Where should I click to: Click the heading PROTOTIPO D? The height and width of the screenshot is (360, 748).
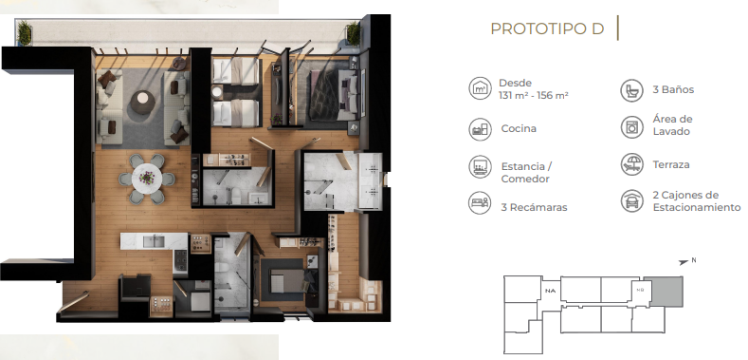click(x=547, y=28)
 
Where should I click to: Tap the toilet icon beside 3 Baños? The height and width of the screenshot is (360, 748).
click(x=631, y=90)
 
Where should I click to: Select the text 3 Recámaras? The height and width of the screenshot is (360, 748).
click(x=534, y=207)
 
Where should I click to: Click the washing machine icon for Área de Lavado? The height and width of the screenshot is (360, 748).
click(x=631, y=126)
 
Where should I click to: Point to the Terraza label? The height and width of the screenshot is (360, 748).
click(x=671, y=164)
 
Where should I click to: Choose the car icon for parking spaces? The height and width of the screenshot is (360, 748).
click(x=631, y=200)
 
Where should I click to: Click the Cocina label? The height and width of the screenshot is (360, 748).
click(x=519, y=128)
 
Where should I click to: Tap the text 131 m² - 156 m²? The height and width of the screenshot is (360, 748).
click(x=534, y=95)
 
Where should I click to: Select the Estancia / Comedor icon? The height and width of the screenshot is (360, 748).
click(x=480, y=166)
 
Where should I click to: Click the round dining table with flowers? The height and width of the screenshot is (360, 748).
click(x=146, y=178)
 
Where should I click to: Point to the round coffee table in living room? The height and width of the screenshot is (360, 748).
click(x=142, y=103)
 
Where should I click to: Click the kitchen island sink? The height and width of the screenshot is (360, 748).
click(x=154, y=241)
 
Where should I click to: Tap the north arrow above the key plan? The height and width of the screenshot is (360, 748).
click(x=684, y=262)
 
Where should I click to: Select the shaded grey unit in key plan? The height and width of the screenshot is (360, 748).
click(x=663, y=291)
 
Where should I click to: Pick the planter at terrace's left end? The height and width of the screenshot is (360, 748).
click(x=25, y=32)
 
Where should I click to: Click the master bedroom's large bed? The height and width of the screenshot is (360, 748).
click(x=334, y=95)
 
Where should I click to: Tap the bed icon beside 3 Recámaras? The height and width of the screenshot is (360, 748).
click(x=480, y=202)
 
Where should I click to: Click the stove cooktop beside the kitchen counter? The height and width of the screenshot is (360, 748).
click(x=180, y=260)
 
